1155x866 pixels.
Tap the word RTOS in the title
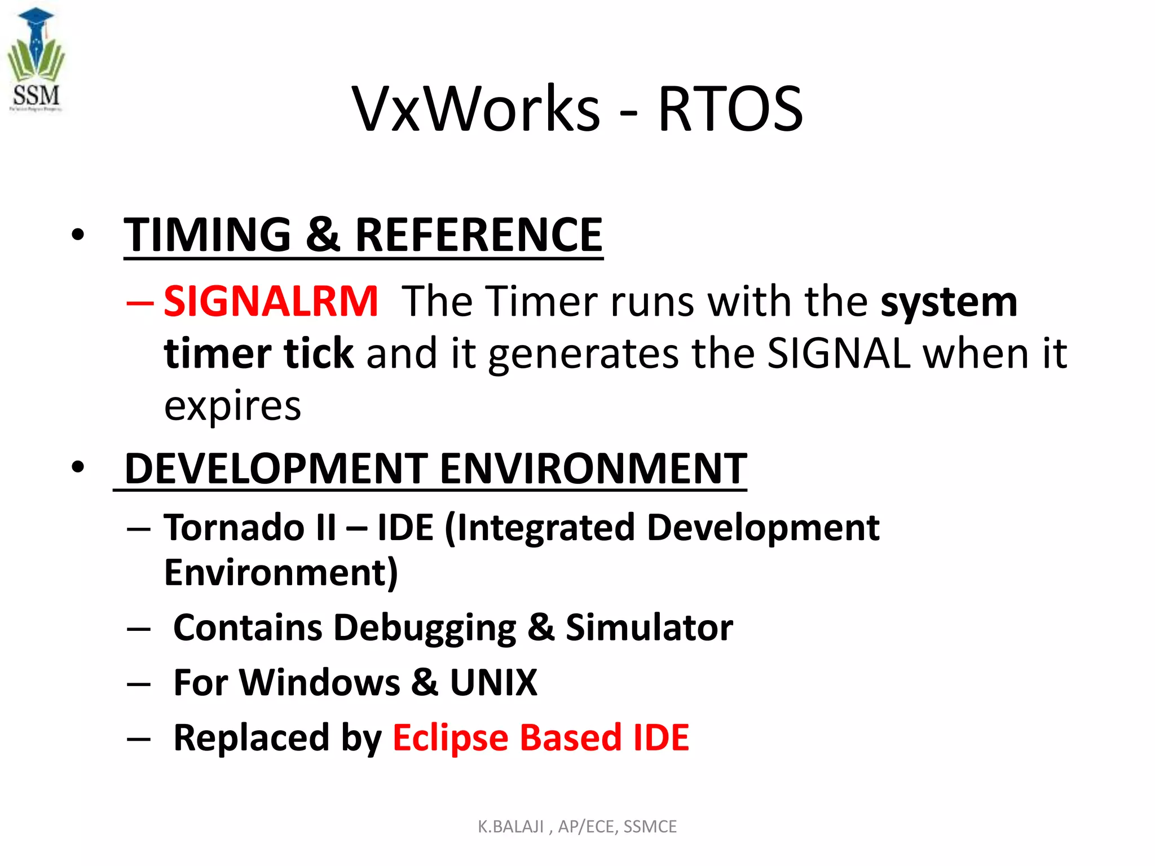730,109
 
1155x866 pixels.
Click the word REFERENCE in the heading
479,235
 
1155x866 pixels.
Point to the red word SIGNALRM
271,302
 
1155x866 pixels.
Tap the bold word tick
319,354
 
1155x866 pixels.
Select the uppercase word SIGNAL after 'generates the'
838,354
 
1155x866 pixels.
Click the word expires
232,406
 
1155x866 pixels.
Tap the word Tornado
235,528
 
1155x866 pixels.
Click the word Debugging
424,628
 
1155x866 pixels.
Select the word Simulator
649,628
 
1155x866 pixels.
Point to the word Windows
319,683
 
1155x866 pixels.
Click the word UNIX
493,683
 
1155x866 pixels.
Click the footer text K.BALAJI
510,827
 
